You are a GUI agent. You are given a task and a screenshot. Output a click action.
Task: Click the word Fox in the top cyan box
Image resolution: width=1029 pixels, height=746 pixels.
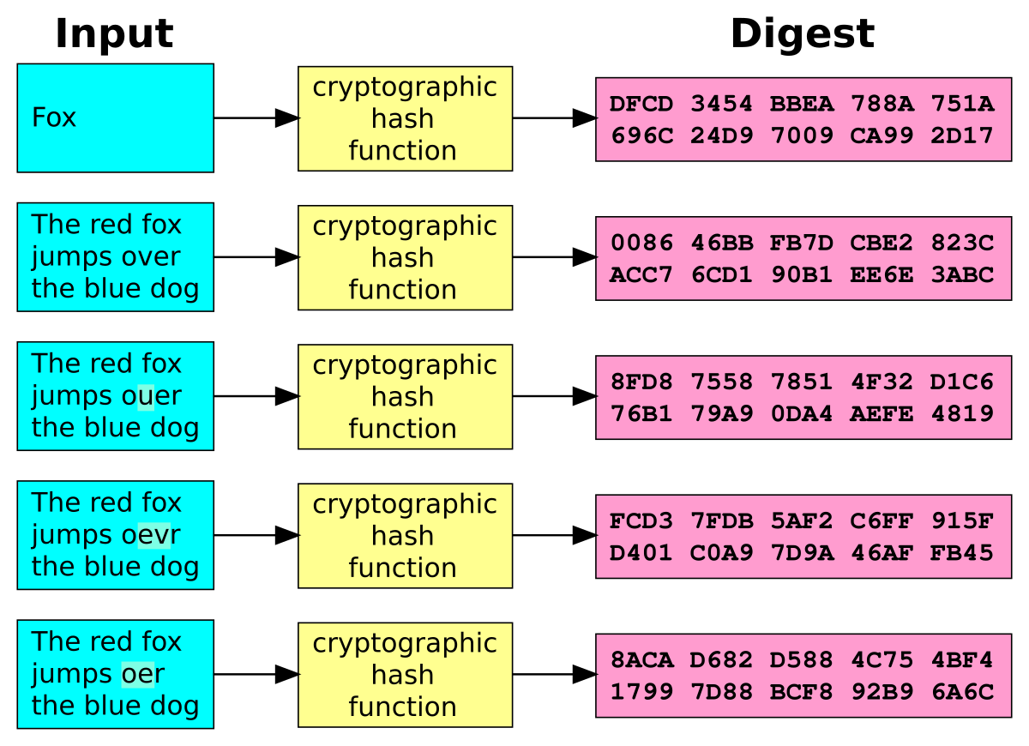[54, 117]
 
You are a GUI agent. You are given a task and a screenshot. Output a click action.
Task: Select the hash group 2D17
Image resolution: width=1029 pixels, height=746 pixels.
[962, 135]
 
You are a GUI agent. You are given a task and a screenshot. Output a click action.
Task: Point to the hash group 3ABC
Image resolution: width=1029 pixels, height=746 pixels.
[962, 275]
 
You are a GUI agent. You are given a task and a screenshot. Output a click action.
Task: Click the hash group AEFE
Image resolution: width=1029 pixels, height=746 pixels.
[882, 414]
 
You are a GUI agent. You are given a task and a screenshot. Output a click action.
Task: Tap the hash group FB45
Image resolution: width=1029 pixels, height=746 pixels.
[962, 553]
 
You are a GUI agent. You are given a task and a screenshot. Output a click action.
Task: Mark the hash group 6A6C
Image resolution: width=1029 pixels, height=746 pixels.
[962, 692]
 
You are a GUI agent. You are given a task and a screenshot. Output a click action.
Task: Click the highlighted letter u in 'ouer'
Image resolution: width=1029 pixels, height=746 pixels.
[146, 396]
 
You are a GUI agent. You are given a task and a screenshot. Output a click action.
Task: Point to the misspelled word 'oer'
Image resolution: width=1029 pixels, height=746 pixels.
[142, 674]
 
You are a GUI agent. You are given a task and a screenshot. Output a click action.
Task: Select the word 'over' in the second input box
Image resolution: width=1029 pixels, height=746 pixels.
[151, 256]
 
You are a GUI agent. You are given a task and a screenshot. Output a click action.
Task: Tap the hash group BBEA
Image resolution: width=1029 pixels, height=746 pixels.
[801, 105]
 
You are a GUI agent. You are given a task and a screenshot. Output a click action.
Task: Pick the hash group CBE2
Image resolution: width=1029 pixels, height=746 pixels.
[882, 244]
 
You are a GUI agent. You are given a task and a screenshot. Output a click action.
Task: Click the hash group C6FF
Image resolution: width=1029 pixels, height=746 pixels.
[882, 521]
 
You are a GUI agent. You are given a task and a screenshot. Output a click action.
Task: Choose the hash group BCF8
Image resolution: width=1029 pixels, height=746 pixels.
[801, 692]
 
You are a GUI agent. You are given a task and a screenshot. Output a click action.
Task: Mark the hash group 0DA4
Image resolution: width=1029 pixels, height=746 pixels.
[801, 414]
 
